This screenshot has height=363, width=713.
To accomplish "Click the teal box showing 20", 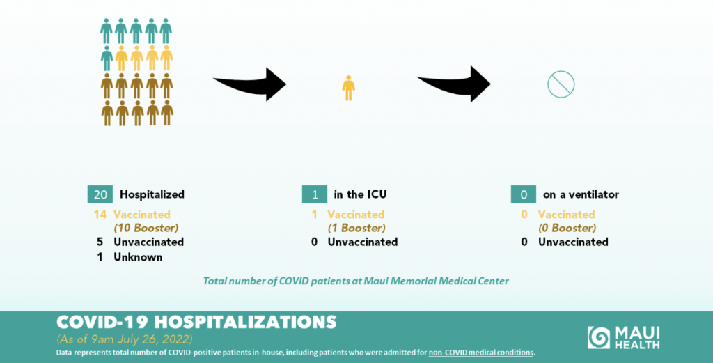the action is click(x=100, y=194).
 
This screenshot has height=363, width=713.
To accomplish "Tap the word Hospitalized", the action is click(x=152, y=194).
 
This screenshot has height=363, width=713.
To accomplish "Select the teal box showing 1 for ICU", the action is click(x=314, y=194).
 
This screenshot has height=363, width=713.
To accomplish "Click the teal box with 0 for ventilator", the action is click(x=524, y=194).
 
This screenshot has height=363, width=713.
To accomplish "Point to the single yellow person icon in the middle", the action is click(x=349, y=88).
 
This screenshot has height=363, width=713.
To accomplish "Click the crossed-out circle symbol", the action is click(x=561, y=84).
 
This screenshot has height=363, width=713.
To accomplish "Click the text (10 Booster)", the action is click(x=146, y=228).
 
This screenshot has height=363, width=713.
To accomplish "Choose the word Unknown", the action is click(x=138, y=257).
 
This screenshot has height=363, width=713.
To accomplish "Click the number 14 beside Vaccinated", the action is click(x=100, y=215).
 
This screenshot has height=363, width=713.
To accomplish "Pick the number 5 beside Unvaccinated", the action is click(x=100, y=242).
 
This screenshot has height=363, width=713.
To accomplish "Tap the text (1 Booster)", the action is click(x=356, y=228).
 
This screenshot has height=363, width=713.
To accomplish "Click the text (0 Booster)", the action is click(x=567, y=228).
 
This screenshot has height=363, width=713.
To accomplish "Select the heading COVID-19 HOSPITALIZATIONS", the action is click(x=196, y=322).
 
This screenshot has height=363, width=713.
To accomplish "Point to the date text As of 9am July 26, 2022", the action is click(x=125, y=340).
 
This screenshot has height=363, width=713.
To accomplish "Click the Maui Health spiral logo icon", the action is click(x=598, y=337).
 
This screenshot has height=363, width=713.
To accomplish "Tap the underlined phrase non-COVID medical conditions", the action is click(x=481, y=353).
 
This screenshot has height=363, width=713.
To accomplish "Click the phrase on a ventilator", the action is click(x=581, y=194).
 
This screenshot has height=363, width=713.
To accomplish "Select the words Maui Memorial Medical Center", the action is click(x=436, y=281).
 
